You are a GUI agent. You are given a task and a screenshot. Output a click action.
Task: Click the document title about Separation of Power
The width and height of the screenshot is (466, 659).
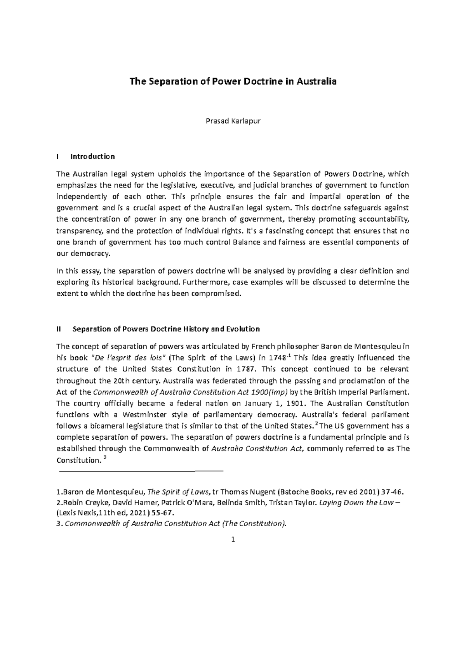click(233, 82)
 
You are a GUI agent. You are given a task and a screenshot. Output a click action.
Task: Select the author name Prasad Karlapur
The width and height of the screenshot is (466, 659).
click(233, 121)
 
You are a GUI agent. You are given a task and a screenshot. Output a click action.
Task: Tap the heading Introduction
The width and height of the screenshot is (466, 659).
click(92, 156)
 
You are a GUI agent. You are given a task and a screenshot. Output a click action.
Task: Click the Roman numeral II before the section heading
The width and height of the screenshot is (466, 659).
click(59, 329)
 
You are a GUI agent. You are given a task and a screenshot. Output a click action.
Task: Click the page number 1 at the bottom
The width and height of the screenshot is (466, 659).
click(233, 539)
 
